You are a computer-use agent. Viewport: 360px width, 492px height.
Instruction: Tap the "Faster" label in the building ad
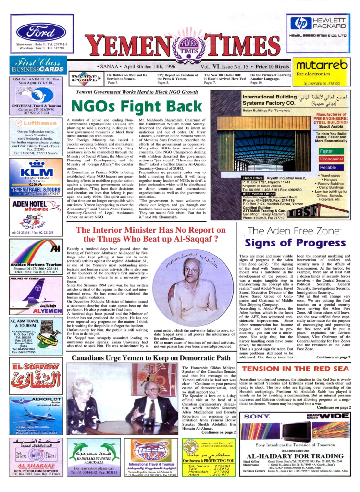(x=328, y=151)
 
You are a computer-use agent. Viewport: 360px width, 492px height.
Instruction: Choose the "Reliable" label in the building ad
(x=328, y=167)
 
